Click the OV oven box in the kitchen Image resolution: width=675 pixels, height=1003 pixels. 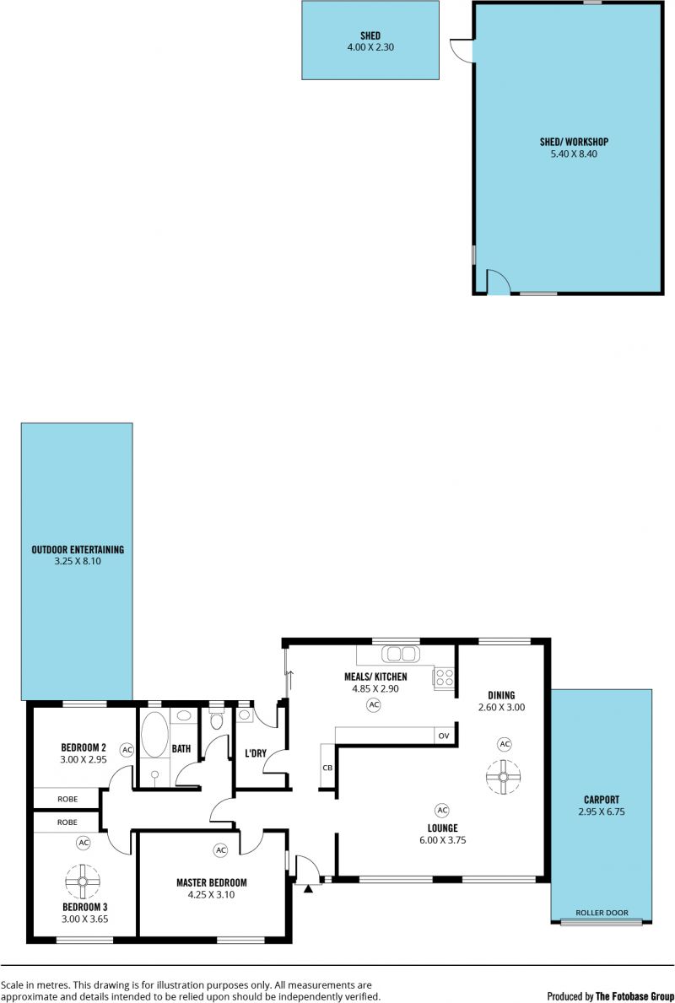pyautogui.click(x=444, y=736)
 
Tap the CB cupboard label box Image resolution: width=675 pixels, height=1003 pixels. pyautogui.click(x=327, y=767)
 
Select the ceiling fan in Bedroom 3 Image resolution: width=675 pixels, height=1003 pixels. pyautogui.click(x=83, y=882)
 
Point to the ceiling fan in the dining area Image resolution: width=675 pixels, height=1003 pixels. pyautogui.click(x=503, y=777)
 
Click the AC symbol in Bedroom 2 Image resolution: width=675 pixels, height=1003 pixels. pyautogui.click(x=127, y=750)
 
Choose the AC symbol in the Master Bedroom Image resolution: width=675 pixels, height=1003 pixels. pyautogui.click(x=221, y=850)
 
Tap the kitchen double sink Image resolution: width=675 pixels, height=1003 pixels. pyautogui.click(x=400, y=654)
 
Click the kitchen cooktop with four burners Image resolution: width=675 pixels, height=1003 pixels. pyautogui.click(x=444, y=678)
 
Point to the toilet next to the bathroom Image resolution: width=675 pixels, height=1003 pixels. pyautogui.click(x=217, y=721)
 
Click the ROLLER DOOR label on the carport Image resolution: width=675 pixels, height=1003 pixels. pyautogui.click(x=602, y=913)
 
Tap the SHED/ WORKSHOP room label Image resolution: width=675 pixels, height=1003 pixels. pyautogui.click(x=574, y=142)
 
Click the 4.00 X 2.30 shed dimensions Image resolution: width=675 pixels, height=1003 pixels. pyautogui.click(x=370, y=46)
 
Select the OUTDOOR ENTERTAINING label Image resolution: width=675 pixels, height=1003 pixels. pyautogui.click(x=78, y=549)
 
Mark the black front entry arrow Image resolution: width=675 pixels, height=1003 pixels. pyautogui.click(x=308, y=888)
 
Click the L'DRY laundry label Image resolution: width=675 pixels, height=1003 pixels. pyautogui.click(x=256, y=753)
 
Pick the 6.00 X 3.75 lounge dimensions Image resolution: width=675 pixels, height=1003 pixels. pyautogui.click(x=443, y=840)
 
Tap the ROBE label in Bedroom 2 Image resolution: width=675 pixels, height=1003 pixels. pyautogui.click(x=67, y=799)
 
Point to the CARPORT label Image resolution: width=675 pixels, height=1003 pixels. pyautogui.click(x=602, y=800)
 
